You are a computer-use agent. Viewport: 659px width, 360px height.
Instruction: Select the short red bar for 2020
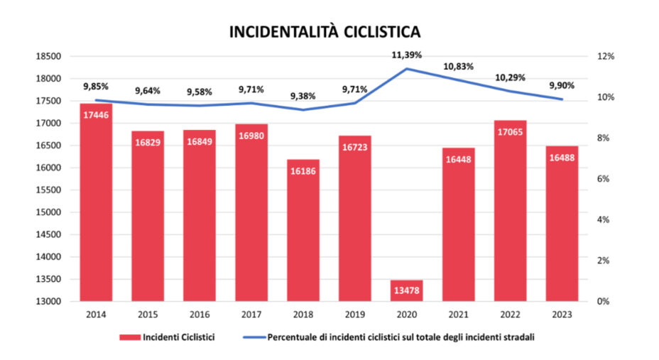tap(406, 290)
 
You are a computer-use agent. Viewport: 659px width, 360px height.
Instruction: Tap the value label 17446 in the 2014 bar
tap(96, 114)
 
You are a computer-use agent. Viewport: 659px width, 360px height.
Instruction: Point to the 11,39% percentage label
tap(406, 55)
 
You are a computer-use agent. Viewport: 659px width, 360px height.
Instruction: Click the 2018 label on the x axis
tap(303, 315)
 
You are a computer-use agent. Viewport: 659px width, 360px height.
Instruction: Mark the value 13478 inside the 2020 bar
tap(406, 290)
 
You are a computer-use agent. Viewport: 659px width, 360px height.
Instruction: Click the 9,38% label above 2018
tap(303, 96)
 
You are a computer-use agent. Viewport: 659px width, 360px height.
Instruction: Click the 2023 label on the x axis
tap(562, 315)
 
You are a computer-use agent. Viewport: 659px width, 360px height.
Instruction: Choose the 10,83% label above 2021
tap(458, 66)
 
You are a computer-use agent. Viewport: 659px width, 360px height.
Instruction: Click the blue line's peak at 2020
tap(406, 69)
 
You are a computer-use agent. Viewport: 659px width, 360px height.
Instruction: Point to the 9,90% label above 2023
tap(562, 85)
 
